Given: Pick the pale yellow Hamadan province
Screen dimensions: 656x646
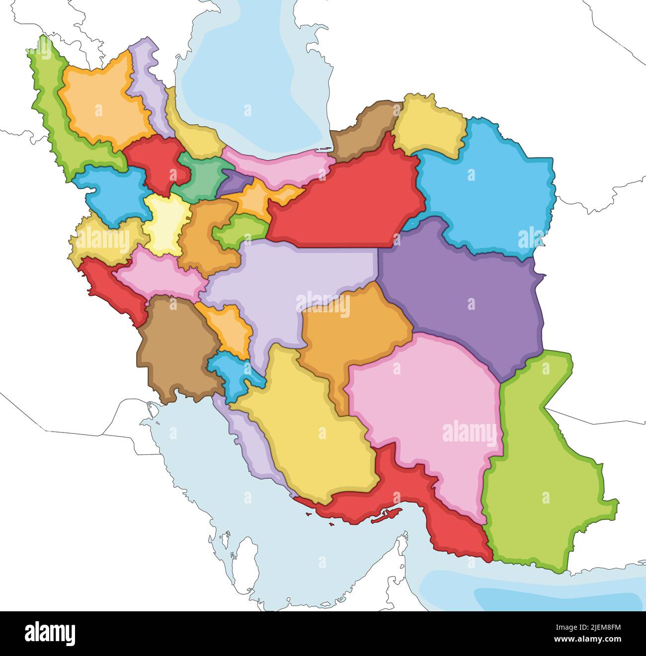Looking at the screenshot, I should coord(166,223).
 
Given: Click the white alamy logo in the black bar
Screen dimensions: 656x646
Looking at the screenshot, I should coord(50,634).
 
